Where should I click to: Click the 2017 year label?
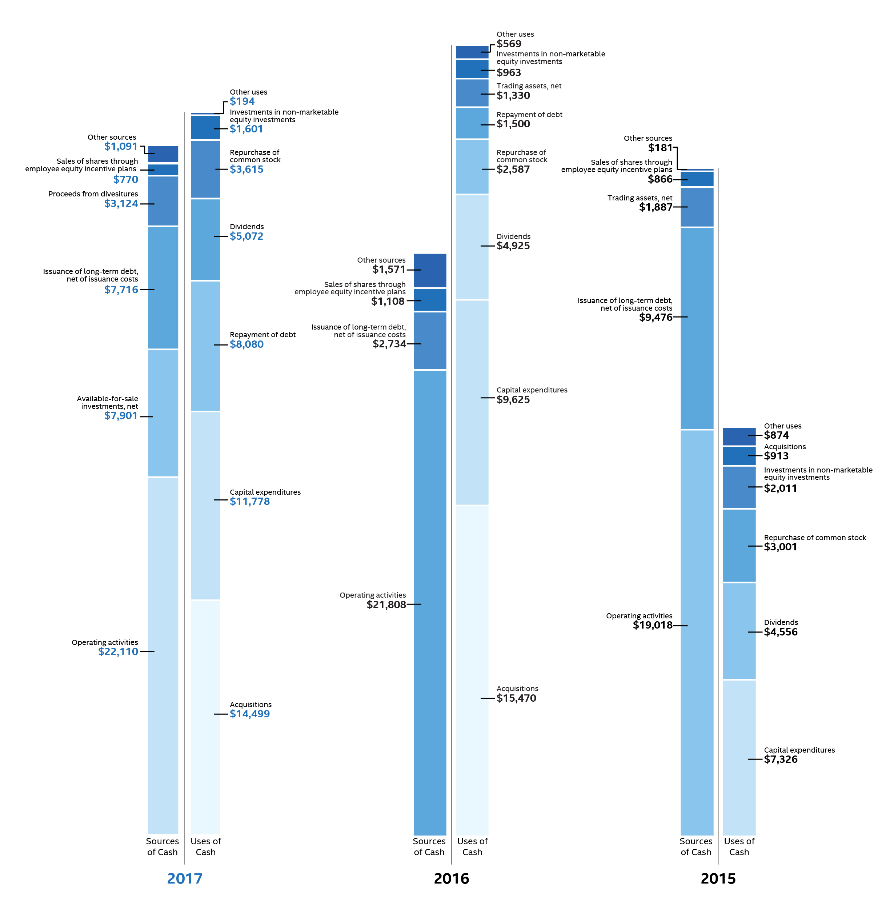[185, 878]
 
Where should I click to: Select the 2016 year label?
[451, 878]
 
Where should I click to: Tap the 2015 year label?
[718, 878]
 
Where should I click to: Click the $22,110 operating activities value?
[118, 651]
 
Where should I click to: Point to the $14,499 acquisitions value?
[250, 714]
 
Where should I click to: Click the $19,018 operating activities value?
[653, 625]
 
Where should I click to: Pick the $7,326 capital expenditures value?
[780, 759]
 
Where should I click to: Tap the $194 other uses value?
[242, 101]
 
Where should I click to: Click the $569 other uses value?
[509, 44]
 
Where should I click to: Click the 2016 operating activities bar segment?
[430, 601]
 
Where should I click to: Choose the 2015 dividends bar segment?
[739, 630]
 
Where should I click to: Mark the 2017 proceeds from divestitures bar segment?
[163, 201]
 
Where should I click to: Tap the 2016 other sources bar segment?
[430, 270]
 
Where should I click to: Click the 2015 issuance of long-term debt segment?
[697, 328]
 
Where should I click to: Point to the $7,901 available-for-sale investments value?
[121, 416]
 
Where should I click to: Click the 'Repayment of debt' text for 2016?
[529, 115]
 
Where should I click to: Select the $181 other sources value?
[660, 148]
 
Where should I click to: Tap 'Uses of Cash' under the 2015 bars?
[739, 846]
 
